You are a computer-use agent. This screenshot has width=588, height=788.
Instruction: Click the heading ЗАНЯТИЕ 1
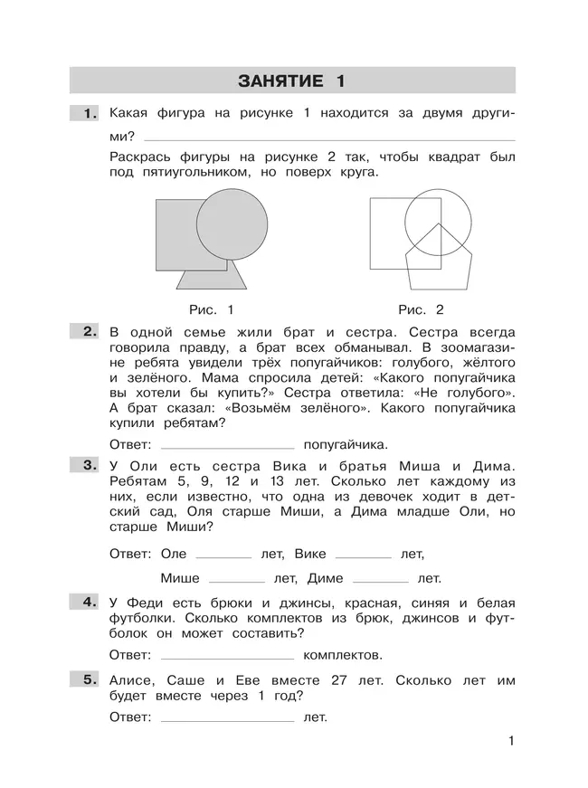291,81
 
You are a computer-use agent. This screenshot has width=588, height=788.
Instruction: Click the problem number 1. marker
88,114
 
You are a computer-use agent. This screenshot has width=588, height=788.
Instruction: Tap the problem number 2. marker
88,332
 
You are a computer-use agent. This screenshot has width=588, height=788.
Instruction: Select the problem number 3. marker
88,466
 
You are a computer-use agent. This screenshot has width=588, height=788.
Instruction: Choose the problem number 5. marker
88,680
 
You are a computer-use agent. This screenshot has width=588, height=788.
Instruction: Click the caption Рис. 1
212,309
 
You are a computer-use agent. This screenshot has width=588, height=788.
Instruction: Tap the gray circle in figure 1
232,225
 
